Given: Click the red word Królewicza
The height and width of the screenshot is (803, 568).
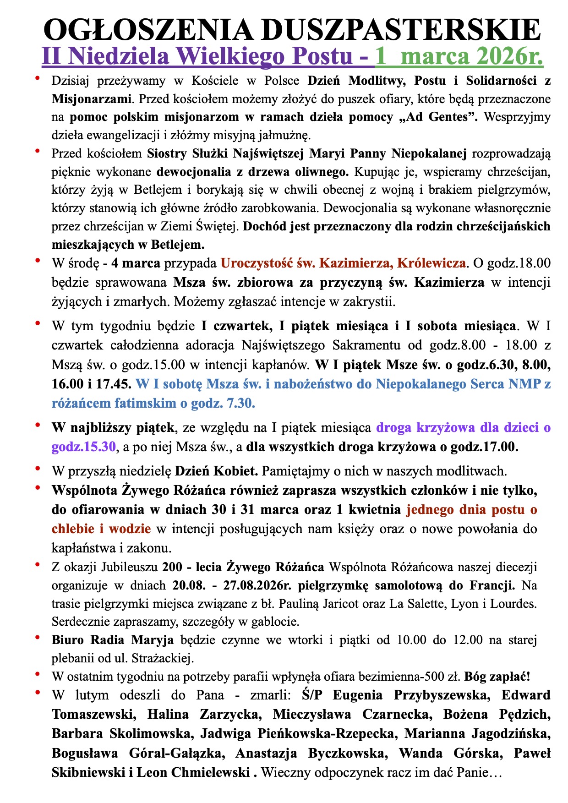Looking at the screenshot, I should (x=431, y=263).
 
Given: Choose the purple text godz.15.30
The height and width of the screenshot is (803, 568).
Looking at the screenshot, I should (x=84, y=447).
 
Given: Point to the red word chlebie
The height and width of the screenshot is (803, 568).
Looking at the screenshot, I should (x=74, y=529).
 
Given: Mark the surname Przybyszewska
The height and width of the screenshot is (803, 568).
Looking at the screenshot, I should (x=440, y=695).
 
